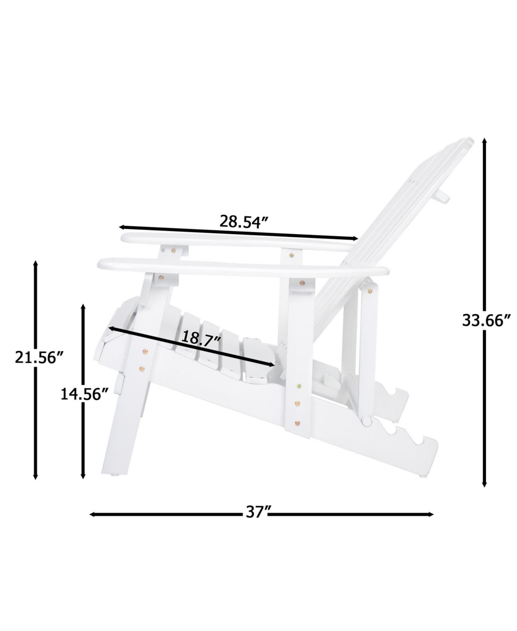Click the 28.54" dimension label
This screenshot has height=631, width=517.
click(243, 221)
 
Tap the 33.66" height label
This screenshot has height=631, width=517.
click(486, 320)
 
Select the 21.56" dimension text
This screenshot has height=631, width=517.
click(39, 357)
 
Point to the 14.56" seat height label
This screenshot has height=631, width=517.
click(84, 394)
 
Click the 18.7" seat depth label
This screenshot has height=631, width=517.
click(201, 338)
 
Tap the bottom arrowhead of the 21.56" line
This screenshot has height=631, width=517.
click(36, 476)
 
